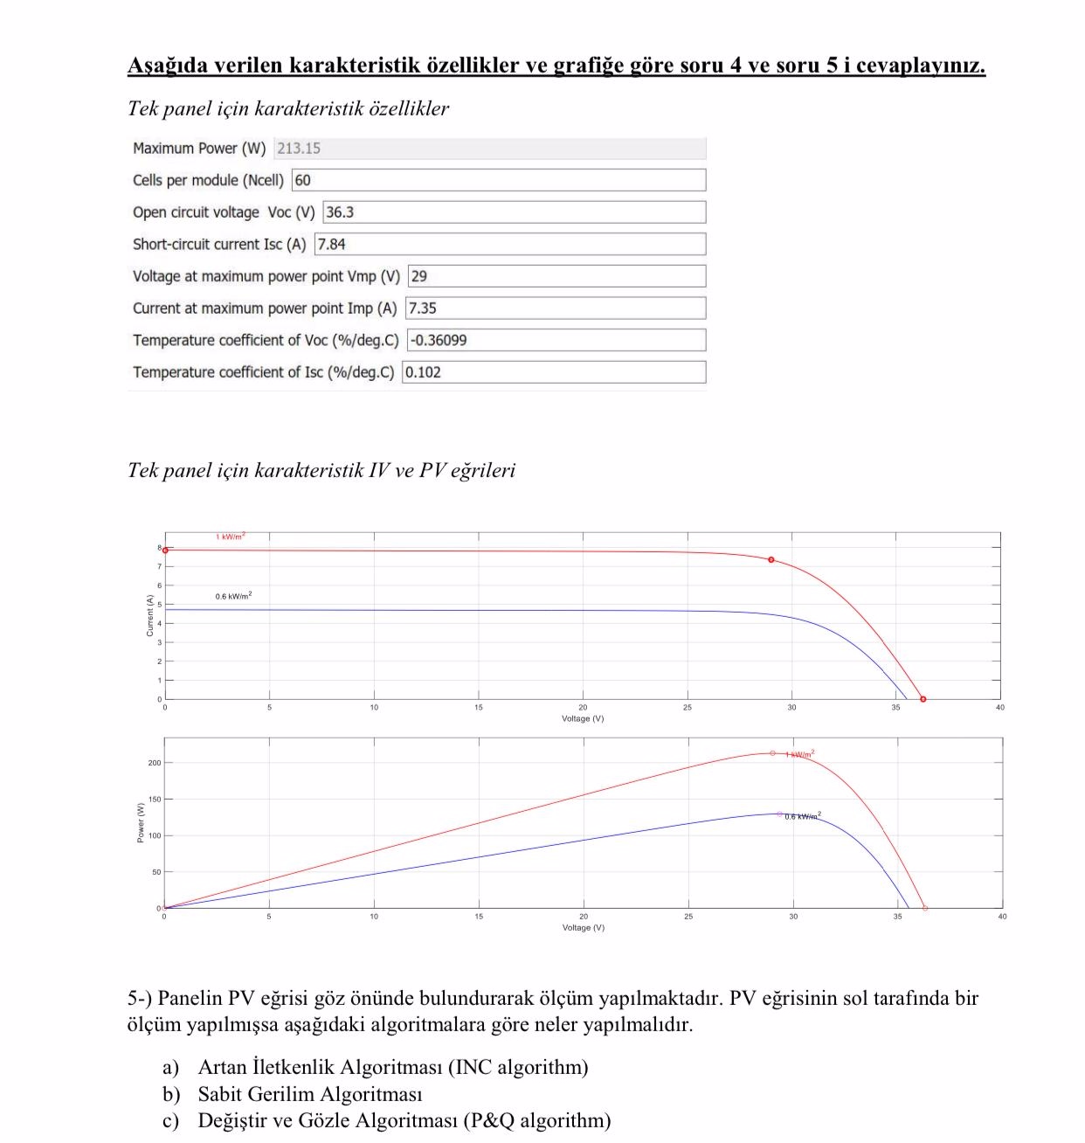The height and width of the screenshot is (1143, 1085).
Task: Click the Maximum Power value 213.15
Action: (x=299, y=149)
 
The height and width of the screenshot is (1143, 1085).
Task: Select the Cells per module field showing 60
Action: (x=498, y=180)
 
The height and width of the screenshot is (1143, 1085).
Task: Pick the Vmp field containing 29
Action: (x=556, y=276)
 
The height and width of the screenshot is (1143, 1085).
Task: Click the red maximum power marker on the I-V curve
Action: (x=771, y=560)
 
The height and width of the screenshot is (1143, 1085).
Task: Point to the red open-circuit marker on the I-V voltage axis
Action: (x=923, y=699)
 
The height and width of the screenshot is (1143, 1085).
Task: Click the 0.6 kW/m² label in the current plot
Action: (x=233, y=596)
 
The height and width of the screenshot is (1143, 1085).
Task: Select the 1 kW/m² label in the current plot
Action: (x=231, y=537)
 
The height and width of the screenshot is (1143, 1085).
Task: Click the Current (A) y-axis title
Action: (x=149, y=615)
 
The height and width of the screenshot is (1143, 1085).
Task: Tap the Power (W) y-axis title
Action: (x=141, y=822)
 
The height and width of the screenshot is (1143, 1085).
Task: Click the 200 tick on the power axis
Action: (x=155, y=763)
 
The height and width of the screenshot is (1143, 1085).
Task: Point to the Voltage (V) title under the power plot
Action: (x=583, y=928)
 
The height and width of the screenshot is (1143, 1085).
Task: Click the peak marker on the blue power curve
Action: (x=779, y=814)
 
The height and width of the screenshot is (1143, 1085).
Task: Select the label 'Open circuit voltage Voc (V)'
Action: (x=223, y=212)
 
